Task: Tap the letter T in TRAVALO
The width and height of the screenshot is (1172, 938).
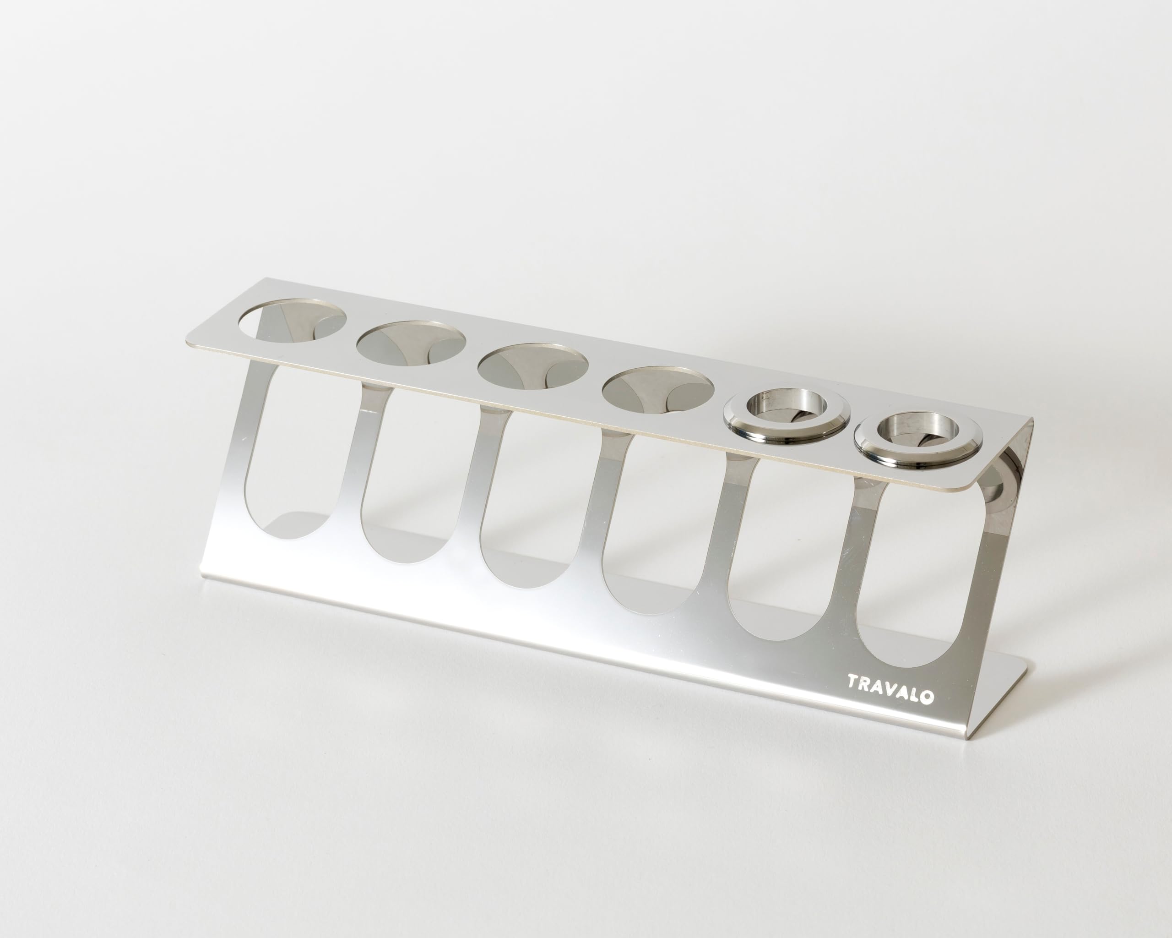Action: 853,694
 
